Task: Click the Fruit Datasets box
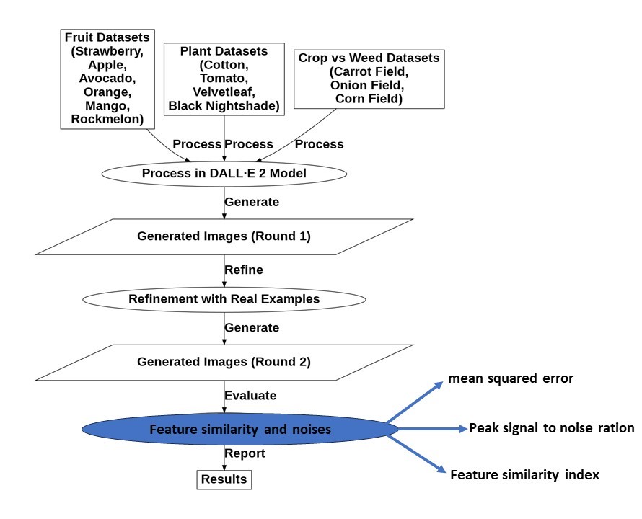click(107, 79)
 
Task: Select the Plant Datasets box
click(224, 79)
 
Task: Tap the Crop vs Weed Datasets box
click(369, 79)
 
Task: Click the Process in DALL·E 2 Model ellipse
click(224, 174)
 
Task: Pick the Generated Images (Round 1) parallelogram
click(224, 236)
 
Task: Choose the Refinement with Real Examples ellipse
click(224, 299)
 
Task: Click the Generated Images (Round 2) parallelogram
click(224, 363)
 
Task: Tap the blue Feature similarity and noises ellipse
click(240, 429)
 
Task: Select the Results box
click(224, 479)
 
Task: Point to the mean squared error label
click(511, 378)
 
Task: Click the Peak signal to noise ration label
click(551, 429)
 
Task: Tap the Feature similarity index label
click(524, 475)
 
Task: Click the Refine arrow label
click(244, 270)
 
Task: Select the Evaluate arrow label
click(250, 396)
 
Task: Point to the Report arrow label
click(245, 453)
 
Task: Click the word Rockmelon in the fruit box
click(105, 119)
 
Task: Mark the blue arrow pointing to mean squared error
click(415, 402)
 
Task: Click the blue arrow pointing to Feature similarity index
click(416, 454)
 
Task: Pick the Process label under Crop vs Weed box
click(320, 144)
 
